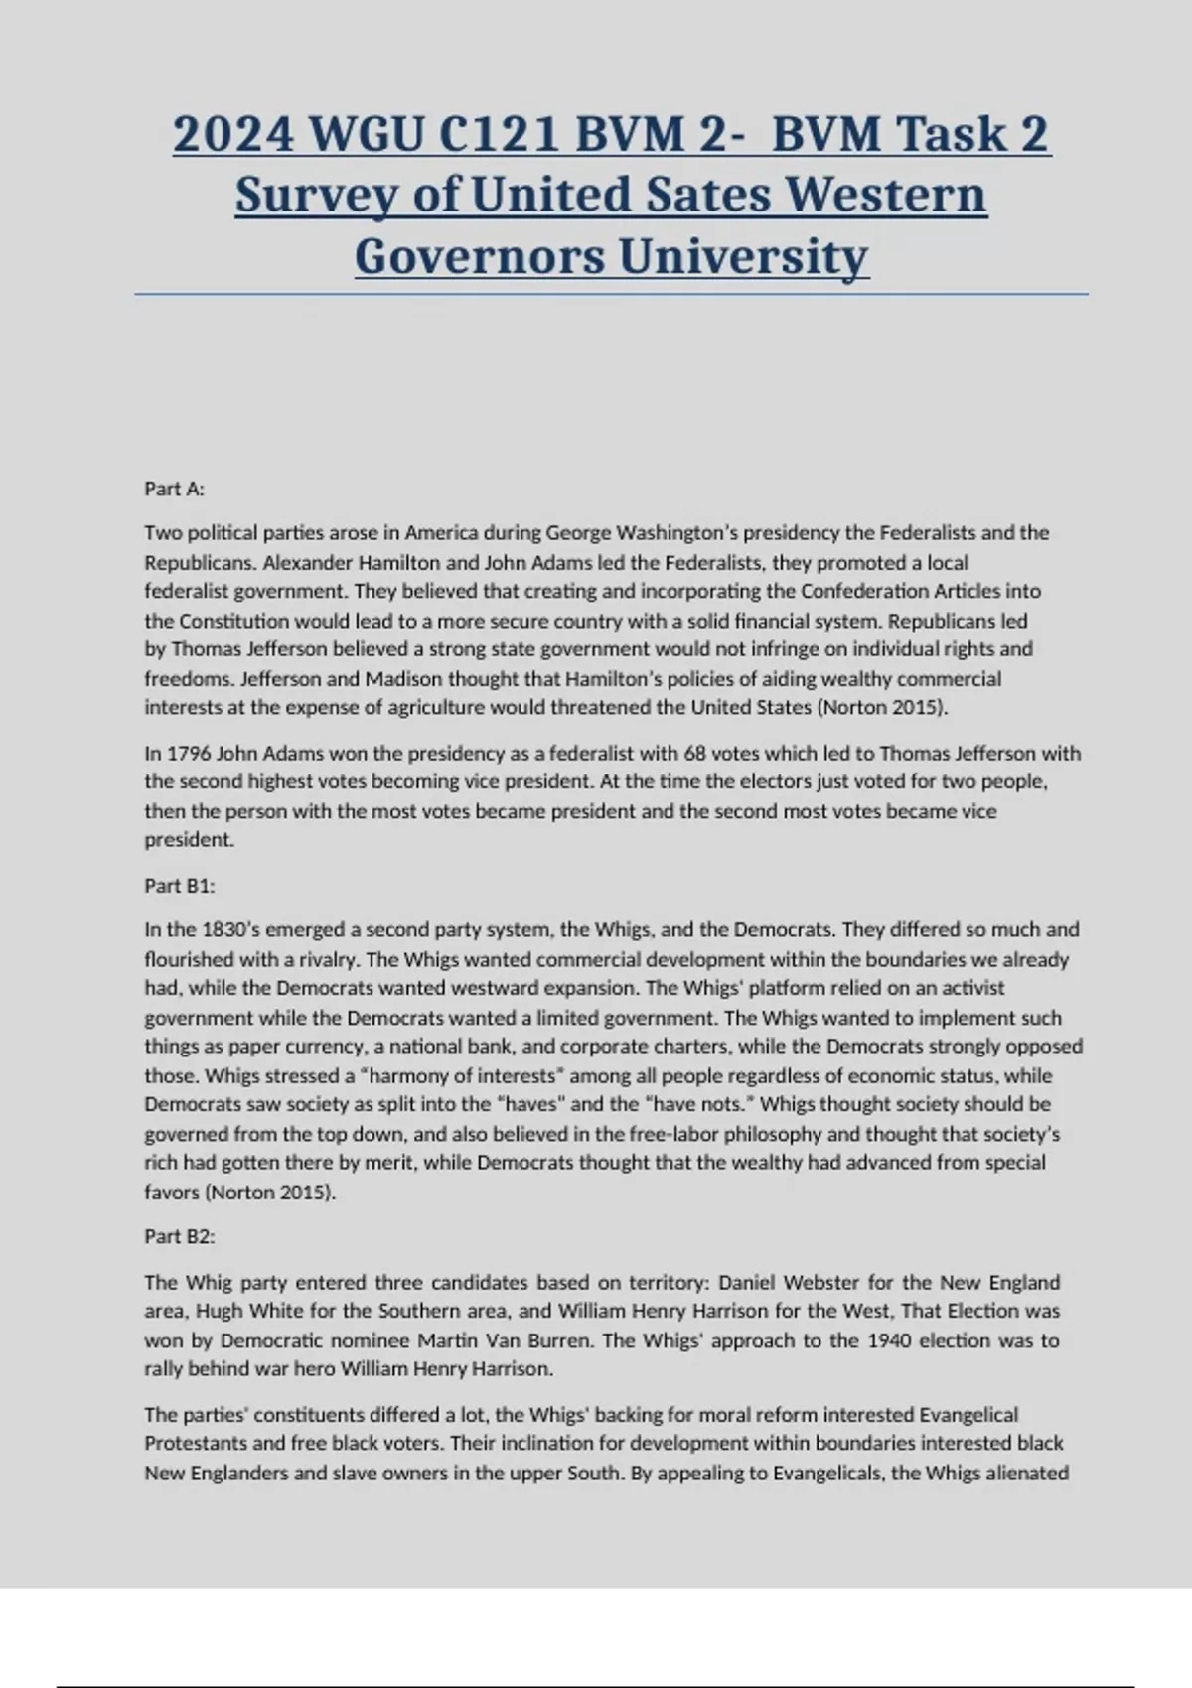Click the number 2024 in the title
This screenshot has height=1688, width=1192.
pos(233,134)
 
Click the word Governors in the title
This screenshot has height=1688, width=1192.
pos(480,256)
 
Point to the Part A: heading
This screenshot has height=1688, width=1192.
pos(174,489)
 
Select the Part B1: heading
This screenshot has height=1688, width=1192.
pos(179,885)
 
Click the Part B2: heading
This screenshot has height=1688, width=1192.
pos(179,1236)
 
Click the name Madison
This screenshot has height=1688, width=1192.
pos(403,678)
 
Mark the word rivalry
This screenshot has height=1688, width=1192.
pos(331,959)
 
